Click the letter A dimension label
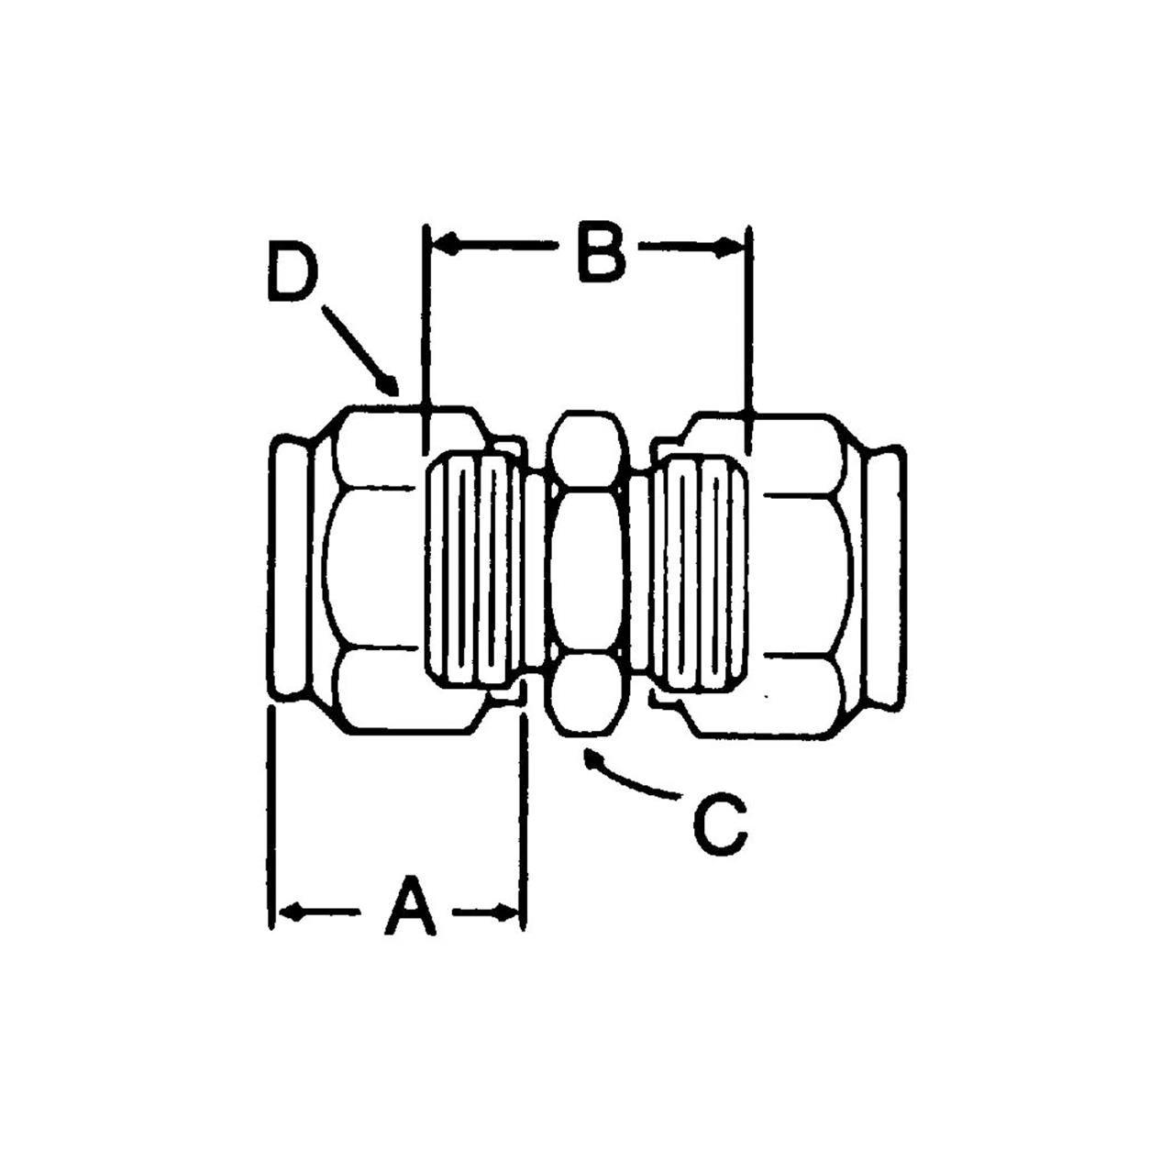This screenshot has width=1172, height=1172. click(x=409, y=907)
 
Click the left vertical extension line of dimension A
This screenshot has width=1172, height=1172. click(x=271, y=816)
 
